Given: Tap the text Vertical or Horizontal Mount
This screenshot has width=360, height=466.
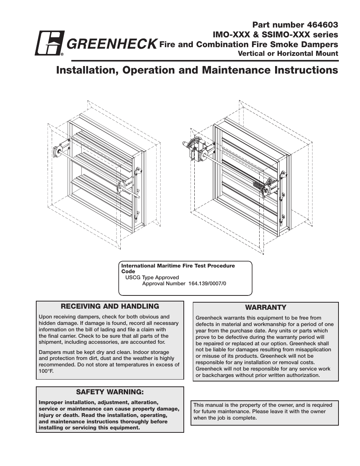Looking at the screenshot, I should click(288, 54).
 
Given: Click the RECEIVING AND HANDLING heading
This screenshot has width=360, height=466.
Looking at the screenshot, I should click(110, 306).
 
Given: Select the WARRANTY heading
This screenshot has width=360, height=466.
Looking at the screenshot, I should click(266, 308).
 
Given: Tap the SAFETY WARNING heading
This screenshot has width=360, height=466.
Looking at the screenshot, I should click(110, 392).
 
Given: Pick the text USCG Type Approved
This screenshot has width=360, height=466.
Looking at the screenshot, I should click(152, 277).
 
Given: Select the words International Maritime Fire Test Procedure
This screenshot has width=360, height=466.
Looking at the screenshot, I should click(178, 266).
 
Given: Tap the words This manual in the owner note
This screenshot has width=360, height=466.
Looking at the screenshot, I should click(206, 405).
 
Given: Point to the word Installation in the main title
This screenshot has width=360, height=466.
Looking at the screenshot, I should click(83, 71).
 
